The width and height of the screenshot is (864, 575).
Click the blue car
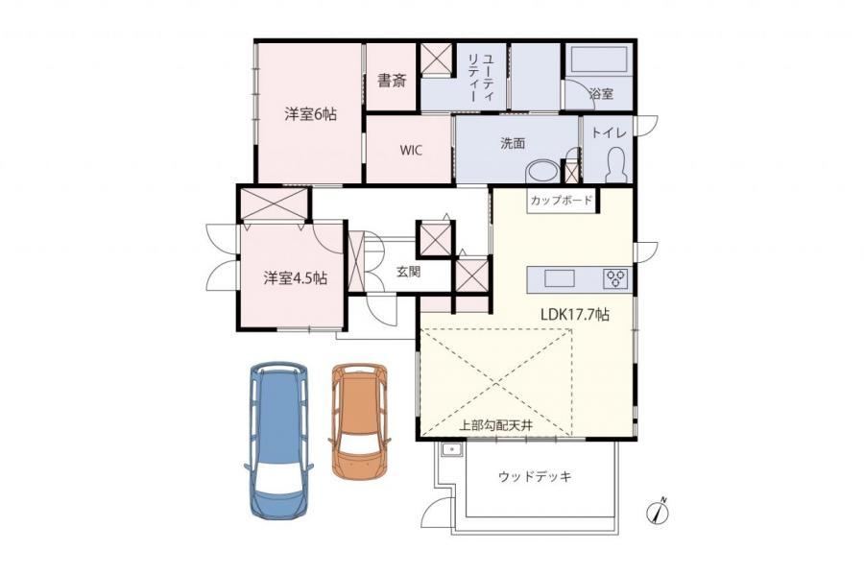pyautogui.click(x=278, y=441)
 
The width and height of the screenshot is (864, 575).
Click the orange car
pyautogui.click(x=360, y=420)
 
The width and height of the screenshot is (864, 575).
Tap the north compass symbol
pyautogui.click(x=658, y=511)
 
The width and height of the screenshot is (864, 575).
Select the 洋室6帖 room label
pyautogui.click(x=310, y=114)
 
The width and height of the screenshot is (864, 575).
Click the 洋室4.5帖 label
pyautogui.click(x=296, y=278)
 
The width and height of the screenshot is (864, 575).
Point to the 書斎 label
pyautogui.click(x=392, y=81)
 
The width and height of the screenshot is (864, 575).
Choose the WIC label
pyautogui.click(x=411, y=150)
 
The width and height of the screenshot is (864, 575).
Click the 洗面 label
pyautogui.click(x=513, y=143)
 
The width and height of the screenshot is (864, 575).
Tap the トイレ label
pyautogui.click(x=609, y=132)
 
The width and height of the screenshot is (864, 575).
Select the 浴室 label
pyautogui.click(x=601, y=93)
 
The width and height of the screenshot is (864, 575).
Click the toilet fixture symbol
pyautogui.click(x=616, y=165)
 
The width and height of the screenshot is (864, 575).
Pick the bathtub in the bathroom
pyautogui.click(x=599, y=60)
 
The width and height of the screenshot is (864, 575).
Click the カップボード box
pyautogui.click(x=562, y=201)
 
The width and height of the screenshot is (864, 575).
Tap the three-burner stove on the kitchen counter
pyautogui.click(x=616, y=278)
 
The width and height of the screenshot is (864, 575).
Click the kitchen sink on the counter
pyautogui.click(x=560, y=278)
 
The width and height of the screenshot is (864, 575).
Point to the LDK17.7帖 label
pyautogui.click(x=575, y=315)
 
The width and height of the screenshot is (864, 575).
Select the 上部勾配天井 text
pyautogui.click(x=495, y=426)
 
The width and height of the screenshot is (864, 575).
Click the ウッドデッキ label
pyautogui.click(x=535, y=476)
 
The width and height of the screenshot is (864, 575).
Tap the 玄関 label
pyautogui.click(x=409, y=272)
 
